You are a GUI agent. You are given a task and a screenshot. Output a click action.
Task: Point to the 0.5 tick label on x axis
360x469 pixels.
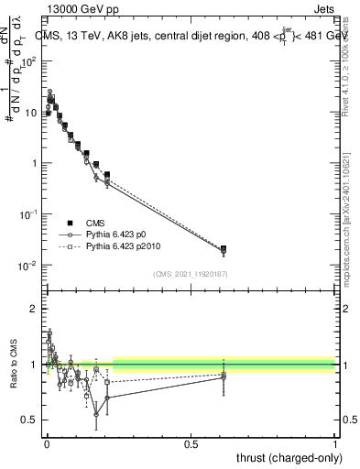[191, 443]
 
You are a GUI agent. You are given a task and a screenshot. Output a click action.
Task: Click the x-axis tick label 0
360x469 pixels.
[47, 443]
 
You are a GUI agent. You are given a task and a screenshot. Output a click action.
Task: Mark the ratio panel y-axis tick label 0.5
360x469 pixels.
[31, 420]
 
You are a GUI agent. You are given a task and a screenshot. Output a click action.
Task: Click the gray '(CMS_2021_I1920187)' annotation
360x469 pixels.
[191, 274]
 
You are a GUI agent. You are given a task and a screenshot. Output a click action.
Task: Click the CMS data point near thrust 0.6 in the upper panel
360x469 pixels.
[224, 248]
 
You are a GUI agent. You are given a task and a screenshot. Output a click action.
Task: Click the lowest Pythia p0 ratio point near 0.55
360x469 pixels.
[96, 414]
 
